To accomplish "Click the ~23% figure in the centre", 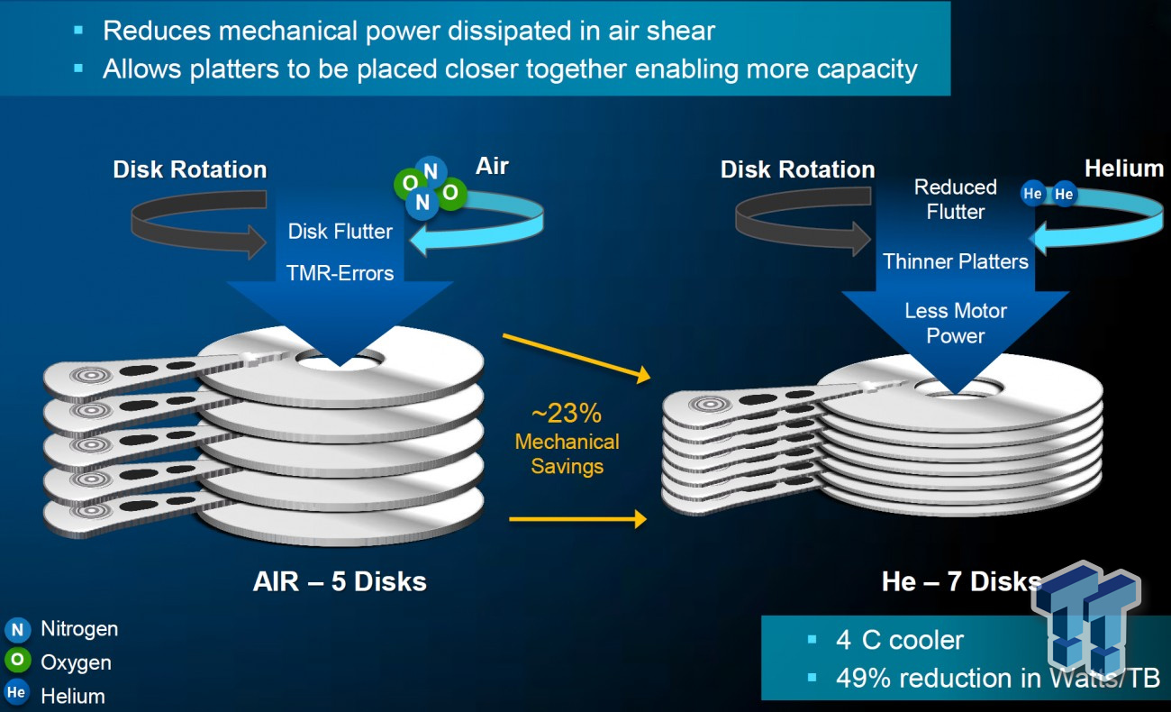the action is point(567,414).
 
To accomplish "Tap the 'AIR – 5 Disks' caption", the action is point(340,581).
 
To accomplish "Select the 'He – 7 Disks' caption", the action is point(962,581).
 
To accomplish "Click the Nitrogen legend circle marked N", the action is point(17,629).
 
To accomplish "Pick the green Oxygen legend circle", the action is point(17,660).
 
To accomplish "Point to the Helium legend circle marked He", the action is point(16,693).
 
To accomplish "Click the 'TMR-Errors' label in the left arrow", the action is point(340,273).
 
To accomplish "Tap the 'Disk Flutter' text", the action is point(340,232).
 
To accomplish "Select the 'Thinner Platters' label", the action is point(956,261).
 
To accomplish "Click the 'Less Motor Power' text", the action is point(956,324).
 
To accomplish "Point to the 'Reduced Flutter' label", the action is point(956,199).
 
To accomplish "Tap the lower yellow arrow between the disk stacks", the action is point(577,519).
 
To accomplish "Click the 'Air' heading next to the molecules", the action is point(492,167).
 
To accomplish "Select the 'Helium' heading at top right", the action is point(1124,169).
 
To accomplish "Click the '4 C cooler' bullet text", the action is point(899,640).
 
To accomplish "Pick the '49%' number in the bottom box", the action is point(864,678).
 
